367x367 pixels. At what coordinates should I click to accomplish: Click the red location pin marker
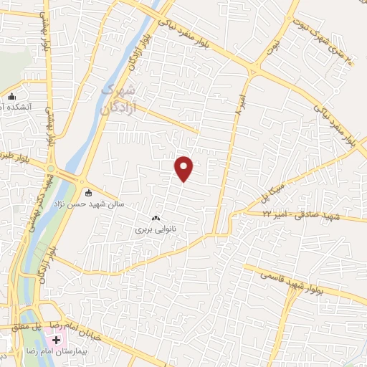(185, 168)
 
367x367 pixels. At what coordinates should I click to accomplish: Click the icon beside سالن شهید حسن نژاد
(88, 192)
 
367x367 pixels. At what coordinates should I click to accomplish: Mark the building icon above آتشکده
(11, 96)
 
